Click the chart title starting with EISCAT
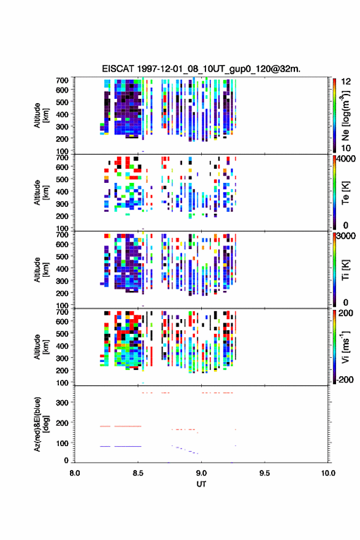[201, 69]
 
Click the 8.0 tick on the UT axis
[75, 473]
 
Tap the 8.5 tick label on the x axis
[137, 473]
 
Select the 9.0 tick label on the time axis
[201, 473]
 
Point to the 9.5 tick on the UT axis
[264, 473]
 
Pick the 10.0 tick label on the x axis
[328, 473]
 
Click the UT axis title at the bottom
[201, 484]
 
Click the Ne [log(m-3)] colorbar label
[345, 115]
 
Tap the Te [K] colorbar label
[345, 193]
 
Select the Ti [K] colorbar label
[345, 269]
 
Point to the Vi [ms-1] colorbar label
[345, 347]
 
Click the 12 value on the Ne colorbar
[346, 81]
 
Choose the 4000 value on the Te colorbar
[346, 159]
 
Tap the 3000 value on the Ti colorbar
[346, 236]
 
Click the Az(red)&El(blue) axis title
[41, 424]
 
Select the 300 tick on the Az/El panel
[62, 403]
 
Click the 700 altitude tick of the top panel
[62, 80]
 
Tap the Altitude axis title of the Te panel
[41, 193]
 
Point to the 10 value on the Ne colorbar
[346, 148]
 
